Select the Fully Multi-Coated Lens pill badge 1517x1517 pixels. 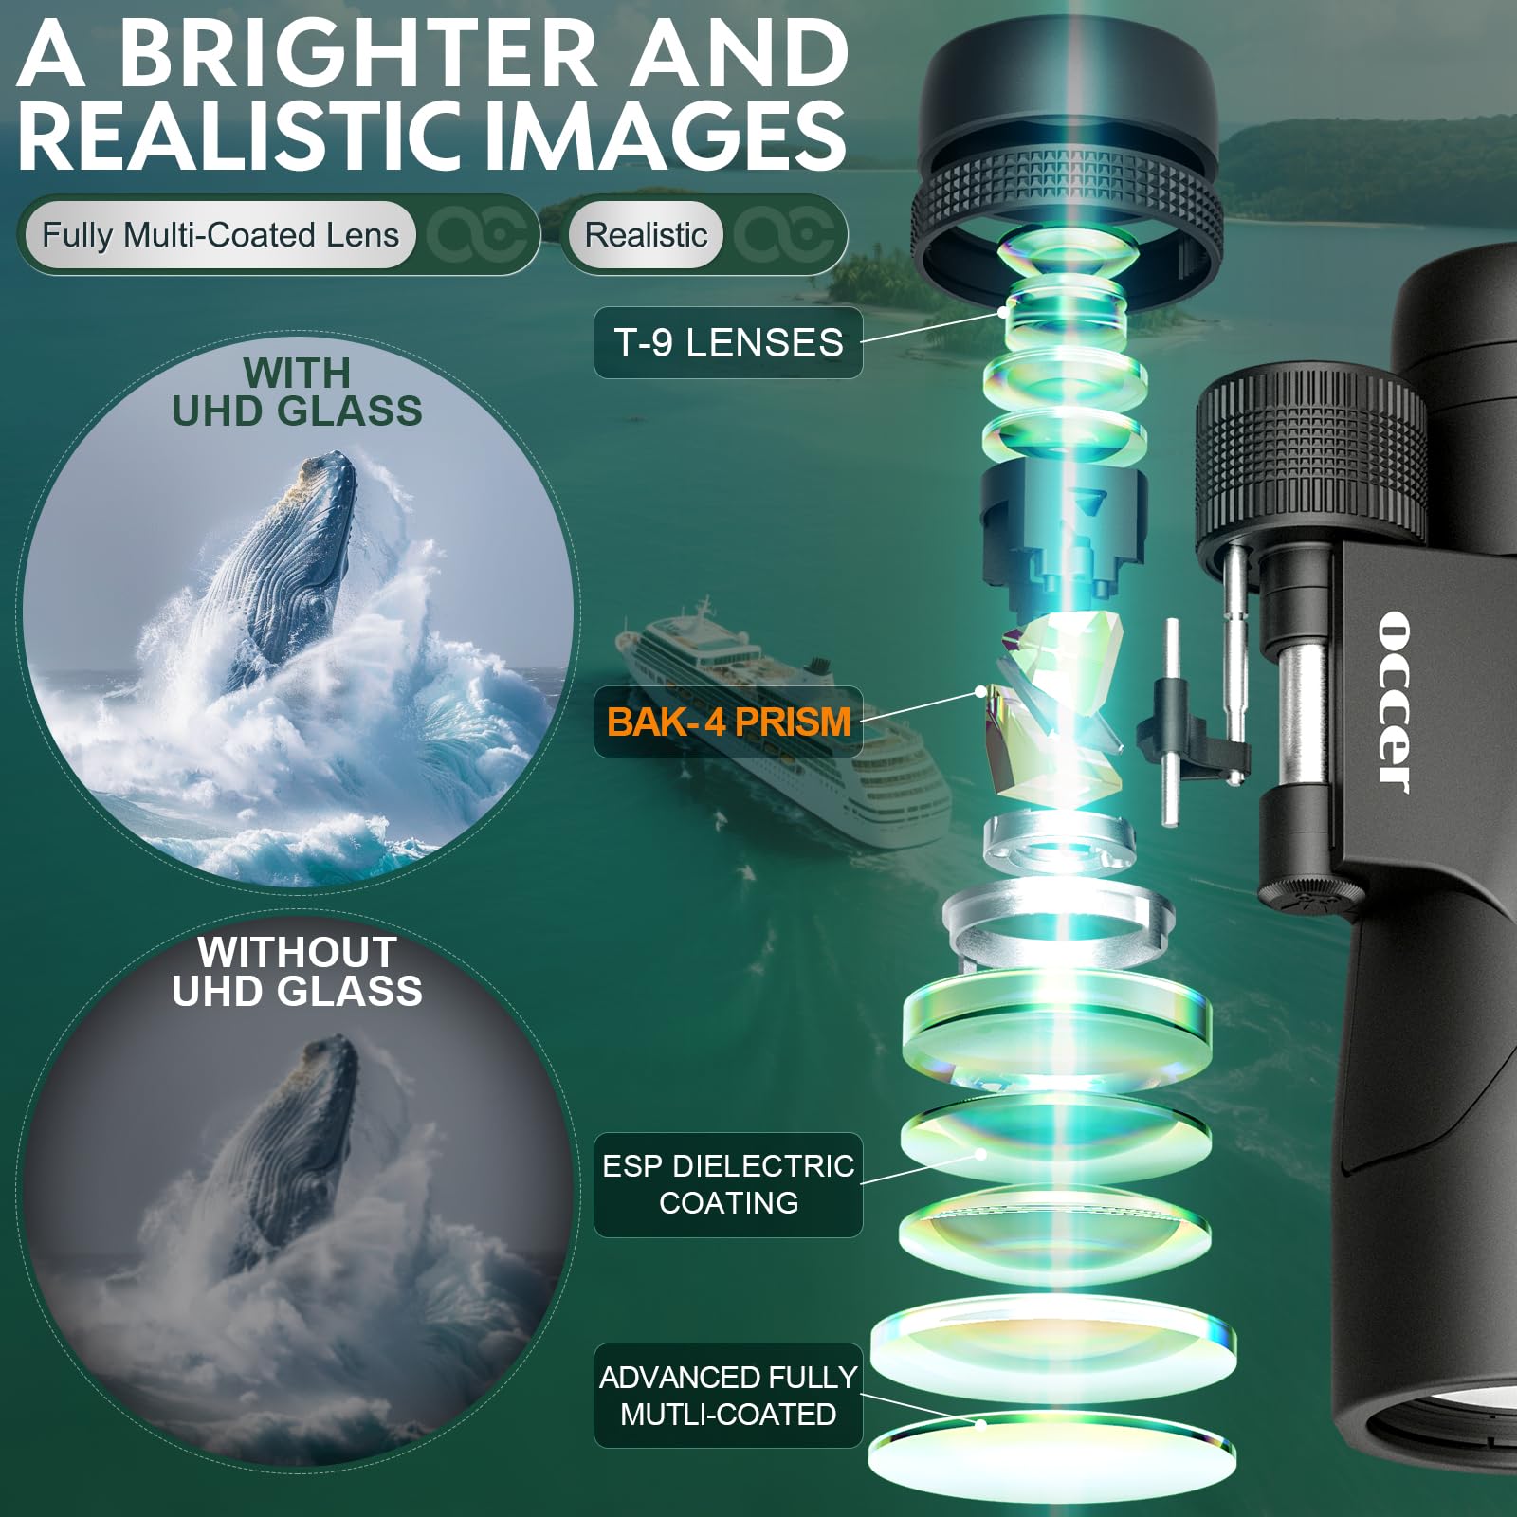220,235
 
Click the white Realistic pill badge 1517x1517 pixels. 646,235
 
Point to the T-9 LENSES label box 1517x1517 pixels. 728,342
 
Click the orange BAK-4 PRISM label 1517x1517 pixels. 728,722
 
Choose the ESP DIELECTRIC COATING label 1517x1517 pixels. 728,1184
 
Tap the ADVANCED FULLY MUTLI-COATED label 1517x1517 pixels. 728,1395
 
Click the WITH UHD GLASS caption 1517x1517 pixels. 297,393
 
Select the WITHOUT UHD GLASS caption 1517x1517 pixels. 297,972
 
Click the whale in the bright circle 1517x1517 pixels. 284,559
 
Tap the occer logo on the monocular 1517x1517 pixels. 1394,702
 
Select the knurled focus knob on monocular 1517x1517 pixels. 1308,455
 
